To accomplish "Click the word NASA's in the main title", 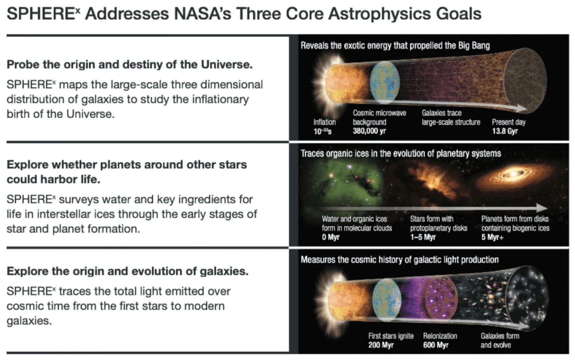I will click(202, 14).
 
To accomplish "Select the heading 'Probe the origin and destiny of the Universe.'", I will click(130, 64).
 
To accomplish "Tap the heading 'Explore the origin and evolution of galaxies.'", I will click(127, 271).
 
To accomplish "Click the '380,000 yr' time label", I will click(369, 131).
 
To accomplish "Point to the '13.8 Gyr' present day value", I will click(505, 131).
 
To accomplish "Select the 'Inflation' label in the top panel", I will click(324, 122).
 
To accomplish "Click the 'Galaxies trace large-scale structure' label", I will click(450, 117).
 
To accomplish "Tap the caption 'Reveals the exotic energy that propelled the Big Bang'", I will click(395, 46).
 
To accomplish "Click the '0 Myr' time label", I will click(330, 237).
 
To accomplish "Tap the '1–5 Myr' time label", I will click(423, 237).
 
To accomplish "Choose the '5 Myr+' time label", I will click(492, 237).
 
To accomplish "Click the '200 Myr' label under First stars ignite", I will click(381, 345).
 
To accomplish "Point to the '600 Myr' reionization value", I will click(435, 345).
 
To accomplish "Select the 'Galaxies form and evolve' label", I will click(499, 340).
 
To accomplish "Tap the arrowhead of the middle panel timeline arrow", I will click(542, 208).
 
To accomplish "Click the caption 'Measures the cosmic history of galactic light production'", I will click(399, 260).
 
